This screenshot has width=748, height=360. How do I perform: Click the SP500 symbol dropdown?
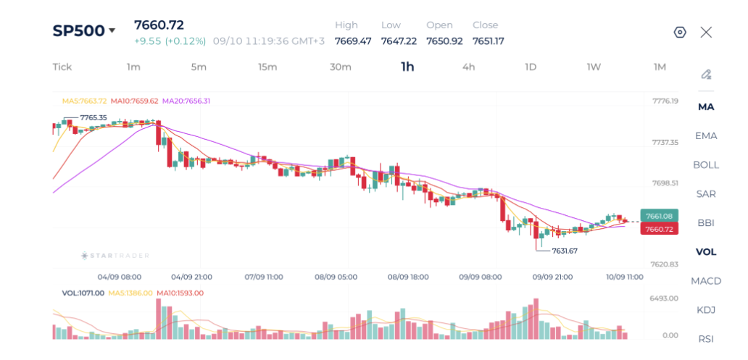click(84, 30)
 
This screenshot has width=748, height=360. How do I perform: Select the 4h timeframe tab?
click(468, 67)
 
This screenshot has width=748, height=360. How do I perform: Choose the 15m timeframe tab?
click(267, 67)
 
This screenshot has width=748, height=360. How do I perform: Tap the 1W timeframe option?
click(594, 67)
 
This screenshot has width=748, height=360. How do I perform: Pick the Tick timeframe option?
click(62, 67)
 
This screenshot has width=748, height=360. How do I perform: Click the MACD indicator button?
click(706, 281)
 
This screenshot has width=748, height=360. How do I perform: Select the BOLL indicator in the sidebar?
click(706, 165)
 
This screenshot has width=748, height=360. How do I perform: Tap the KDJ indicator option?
click(706, 310)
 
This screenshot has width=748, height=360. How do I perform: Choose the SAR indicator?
click(706, 194)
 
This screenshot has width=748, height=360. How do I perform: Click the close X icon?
click(706, 33)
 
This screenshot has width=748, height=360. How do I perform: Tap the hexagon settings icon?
click(680, 33)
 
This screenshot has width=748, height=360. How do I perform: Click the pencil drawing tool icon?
click(706, 75)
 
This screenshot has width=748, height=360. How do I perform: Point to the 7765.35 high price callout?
click(93, 117)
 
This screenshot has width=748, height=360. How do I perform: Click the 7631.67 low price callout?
click(565, 251)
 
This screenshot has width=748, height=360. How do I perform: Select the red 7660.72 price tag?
click(658, 230)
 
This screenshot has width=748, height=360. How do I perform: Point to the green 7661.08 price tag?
click(658, 217)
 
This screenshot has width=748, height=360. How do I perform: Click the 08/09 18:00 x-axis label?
click(408, 277)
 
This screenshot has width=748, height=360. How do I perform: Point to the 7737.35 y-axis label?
click(664, 142)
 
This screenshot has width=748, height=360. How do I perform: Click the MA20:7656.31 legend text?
click(186, 101)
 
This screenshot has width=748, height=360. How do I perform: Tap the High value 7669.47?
click(353, 41)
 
